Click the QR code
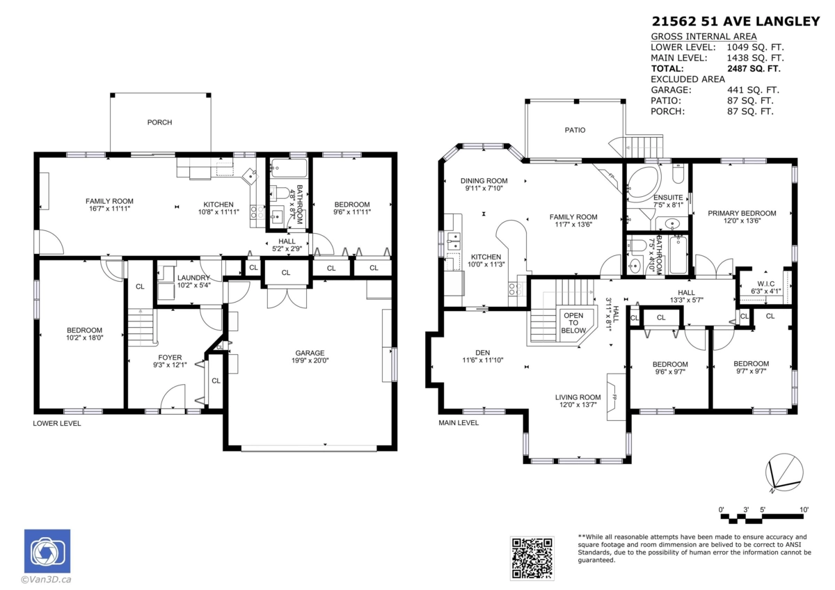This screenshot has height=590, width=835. [532, 558]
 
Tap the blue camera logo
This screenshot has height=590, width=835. [47, 551]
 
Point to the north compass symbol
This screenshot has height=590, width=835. [784, 472]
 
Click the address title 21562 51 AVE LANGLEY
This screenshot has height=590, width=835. [735, 22]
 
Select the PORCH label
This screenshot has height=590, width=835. [159, 122]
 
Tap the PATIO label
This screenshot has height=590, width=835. [575, 130]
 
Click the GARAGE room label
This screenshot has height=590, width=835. [310, 353]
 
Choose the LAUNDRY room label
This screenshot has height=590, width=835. [193, 278]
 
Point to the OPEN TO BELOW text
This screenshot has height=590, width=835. [573, 323]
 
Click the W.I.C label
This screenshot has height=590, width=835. [765, 284]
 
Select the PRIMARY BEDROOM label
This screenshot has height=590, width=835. [742, 213]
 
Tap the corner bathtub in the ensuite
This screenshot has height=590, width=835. [643, 184]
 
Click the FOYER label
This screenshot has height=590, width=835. [170, 358]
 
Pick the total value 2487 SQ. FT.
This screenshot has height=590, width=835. [754, 69]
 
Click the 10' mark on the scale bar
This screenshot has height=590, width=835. [804, 509]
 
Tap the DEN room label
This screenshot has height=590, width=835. [482, 353]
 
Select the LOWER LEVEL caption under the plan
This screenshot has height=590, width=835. [56, 424]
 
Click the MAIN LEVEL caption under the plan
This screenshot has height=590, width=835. [459, 422]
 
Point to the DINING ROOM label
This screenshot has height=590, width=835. [484, 181]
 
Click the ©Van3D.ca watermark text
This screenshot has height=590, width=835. [46, 580]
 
